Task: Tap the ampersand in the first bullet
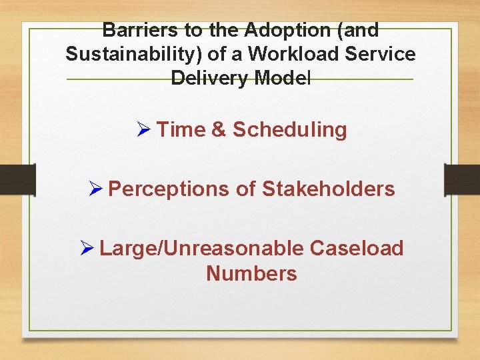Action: [x=219, y=129]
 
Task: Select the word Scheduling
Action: [x=290, y=129]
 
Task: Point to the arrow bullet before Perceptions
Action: [x=96, y=189]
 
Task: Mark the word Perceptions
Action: [x=169, y=189]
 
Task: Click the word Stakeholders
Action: [x=328, y=189]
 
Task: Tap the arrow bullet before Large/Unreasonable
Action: [x=87, y=249]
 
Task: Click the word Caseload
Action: [x=357, y=249]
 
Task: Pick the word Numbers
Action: [x=251, y=273]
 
